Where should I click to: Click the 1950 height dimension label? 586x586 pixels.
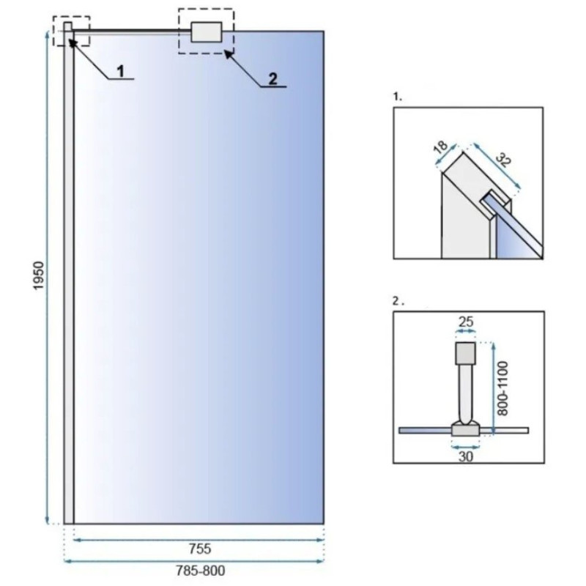coord(39,275)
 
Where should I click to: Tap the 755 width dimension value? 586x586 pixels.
coord(200,549)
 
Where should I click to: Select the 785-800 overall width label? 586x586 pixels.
coord(201,571)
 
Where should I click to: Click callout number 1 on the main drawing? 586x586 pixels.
coord(120,71)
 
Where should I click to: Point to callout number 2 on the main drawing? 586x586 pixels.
coord(273,79)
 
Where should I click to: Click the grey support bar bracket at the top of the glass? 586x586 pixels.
coord(207,31)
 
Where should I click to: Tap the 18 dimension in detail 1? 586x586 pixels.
coord(441,147)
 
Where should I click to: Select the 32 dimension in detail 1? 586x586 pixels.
coord(503,160)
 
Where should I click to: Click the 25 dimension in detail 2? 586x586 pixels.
coord(466,322)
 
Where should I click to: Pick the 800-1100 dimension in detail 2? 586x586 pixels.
coord(503,388)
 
